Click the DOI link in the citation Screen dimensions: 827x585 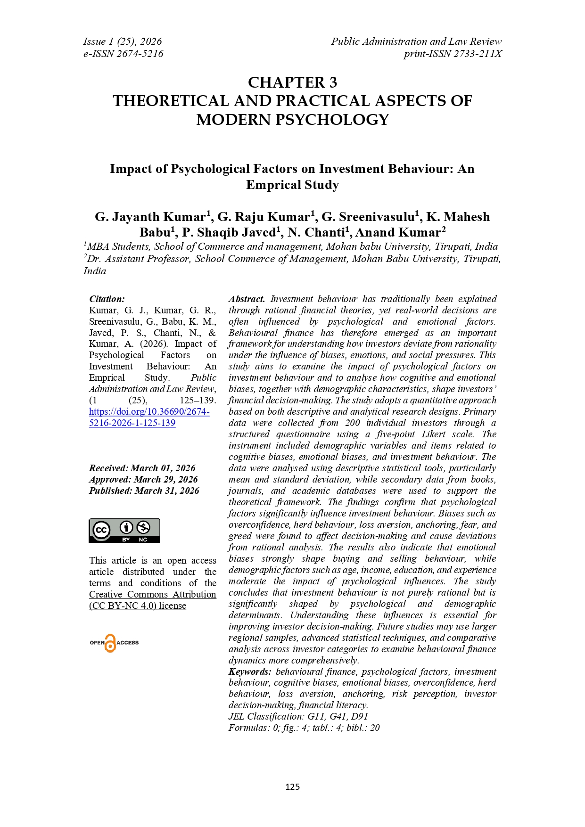tap(149, 417)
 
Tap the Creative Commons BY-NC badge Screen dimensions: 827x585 tap(124, 531)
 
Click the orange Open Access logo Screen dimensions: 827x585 tap(114, 643)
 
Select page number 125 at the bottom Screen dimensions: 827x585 tap(292, 786)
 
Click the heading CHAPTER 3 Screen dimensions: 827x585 tap(292, 82)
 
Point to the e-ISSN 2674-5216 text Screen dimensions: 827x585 tap(123, 54)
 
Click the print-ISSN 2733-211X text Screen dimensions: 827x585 tap(453, 54)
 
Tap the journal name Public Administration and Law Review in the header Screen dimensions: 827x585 tap(416, 41)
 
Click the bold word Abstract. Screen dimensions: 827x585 tap(247, 299)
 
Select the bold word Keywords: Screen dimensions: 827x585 tap(249, 671)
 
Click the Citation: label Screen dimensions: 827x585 tap(107, 299)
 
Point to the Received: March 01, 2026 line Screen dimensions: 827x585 tap(142, 468)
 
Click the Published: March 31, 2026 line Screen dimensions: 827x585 tap(144, 491)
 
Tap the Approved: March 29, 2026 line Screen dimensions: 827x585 tap(143, 479)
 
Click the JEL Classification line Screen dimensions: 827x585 tap(298, 716)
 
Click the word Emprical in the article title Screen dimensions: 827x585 tap(267, 185)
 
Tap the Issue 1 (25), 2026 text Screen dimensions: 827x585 tap(123, 41)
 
